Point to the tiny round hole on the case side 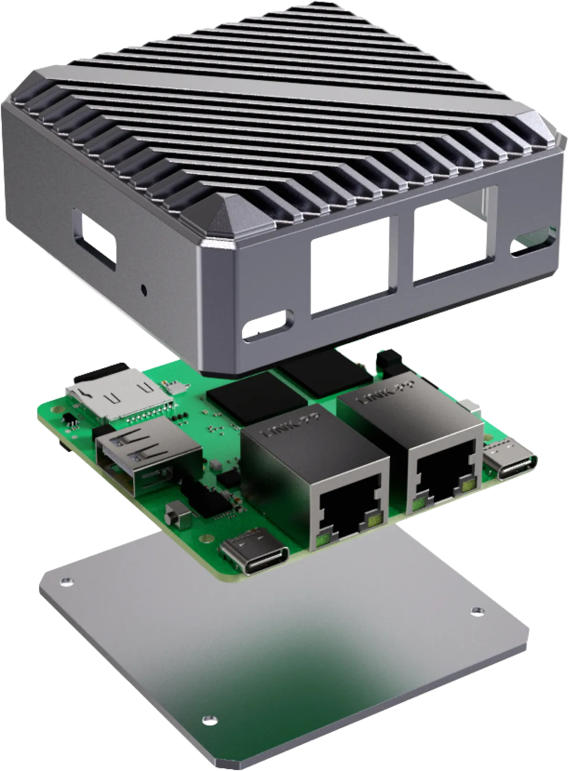[144, 288]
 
